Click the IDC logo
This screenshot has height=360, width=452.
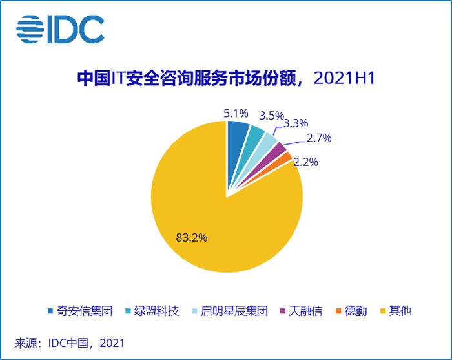coord(60,28)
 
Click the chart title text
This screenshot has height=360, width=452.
coord(225,79)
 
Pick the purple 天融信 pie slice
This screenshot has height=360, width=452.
coord(279,151)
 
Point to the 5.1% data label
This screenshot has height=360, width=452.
coord(236,113)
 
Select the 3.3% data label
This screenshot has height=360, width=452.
coord(296,123)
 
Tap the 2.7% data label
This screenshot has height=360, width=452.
coord(318,138)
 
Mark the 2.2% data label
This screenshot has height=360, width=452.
coord(305,162)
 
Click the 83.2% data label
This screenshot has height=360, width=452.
coord(191,237)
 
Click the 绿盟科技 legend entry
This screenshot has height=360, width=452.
coord(152,311)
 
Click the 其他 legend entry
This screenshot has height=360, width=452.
coord(396,311)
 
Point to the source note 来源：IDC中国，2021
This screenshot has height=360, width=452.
coord(70,342)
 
